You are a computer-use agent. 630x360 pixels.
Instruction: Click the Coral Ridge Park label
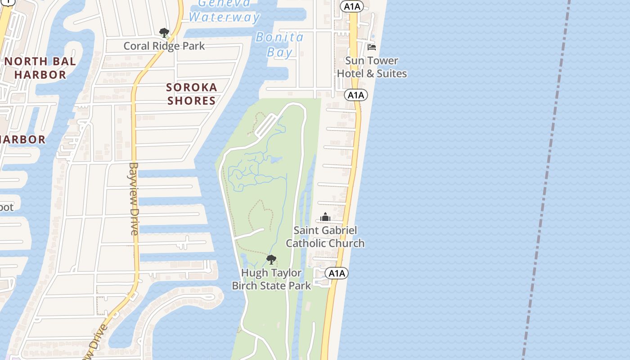coord(164,46)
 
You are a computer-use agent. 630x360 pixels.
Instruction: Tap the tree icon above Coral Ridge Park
coord(164,32)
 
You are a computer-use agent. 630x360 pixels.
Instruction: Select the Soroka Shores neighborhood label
coord(192,94)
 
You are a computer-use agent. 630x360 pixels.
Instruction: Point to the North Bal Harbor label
coord(40,68)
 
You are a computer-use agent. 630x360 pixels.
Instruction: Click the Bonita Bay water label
coord(280,45)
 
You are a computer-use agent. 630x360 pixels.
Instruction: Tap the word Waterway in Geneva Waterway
coord(224,18)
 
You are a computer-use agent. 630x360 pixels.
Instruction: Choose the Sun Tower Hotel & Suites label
coord(372,67)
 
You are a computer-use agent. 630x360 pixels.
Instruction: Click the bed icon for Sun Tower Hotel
coord(372,47)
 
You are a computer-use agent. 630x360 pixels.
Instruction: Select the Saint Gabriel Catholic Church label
coord(325,237)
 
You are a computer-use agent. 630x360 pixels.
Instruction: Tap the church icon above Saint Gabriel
coord(325,218)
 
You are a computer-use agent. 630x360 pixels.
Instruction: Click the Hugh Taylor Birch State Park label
coord(271,279)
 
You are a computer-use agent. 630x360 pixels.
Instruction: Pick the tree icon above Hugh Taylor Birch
coord(271,259)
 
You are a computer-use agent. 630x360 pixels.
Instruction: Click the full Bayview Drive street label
coord(134,198)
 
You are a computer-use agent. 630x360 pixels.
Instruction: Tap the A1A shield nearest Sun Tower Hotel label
coord(356,95)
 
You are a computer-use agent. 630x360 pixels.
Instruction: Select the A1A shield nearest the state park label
coord(337,273)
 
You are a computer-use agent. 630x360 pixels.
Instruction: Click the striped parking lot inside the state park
coord(266,125)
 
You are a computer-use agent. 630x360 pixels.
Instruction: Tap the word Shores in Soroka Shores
coord(192,101)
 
